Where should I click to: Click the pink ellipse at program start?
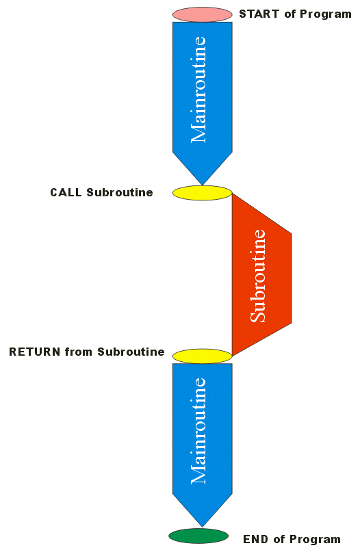coord(202,14)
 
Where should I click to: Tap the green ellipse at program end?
coord(198,536)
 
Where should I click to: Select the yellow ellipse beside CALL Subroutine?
coord(202,193)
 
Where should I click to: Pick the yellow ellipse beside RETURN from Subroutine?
coord(202,356)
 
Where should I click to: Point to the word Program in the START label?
coord(326,15)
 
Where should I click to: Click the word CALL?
coord(66,192)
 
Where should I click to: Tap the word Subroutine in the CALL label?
coord(120,192)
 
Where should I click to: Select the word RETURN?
coord(35,352)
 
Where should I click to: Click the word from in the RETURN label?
coord(79,352)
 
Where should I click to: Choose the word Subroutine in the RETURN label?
coord(131,352)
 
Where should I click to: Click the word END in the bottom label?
coord(255,539)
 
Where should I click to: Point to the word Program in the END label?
coord(315,540)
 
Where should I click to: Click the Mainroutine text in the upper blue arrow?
coord(198,90)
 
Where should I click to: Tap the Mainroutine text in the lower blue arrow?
coord(198,431)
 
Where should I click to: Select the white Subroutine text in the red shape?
coord(258,276)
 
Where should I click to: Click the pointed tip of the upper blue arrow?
coord(202,185)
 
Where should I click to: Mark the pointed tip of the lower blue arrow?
coord(202,527)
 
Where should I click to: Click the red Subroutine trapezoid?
coord(261,275)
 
